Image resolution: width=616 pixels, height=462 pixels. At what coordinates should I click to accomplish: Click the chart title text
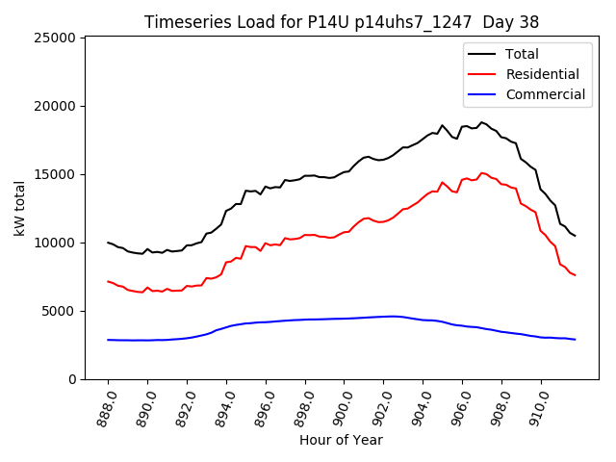(342, 22)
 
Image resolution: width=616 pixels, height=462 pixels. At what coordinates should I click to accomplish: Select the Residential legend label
(542, 74)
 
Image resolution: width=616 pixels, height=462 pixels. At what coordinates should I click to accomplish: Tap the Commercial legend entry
(545, 94)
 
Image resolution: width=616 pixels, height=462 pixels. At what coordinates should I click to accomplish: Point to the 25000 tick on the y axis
(56, 38)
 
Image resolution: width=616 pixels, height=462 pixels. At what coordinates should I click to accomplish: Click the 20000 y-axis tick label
(56, 106)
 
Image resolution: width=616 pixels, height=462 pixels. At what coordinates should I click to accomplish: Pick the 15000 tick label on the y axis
(56, 174)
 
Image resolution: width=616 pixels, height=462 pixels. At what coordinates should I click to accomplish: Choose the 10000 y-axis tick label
(56, 243)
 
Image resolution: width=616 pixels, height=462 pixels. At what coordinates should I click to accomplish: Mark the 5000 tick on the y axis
(60, 311)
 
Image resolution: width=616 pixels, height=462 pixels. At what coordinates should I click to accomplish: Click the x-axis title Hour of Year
(342, 440)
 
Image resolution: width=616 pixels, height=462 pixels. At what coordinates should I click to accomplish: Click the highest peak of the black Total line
(482, 122)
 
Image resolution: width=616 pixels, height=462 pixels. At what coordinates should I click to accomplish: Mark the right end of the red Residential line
(575, 275)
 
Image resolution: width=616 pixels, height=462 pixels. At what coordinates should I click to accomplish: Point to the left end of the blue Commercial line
(109, 340)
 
